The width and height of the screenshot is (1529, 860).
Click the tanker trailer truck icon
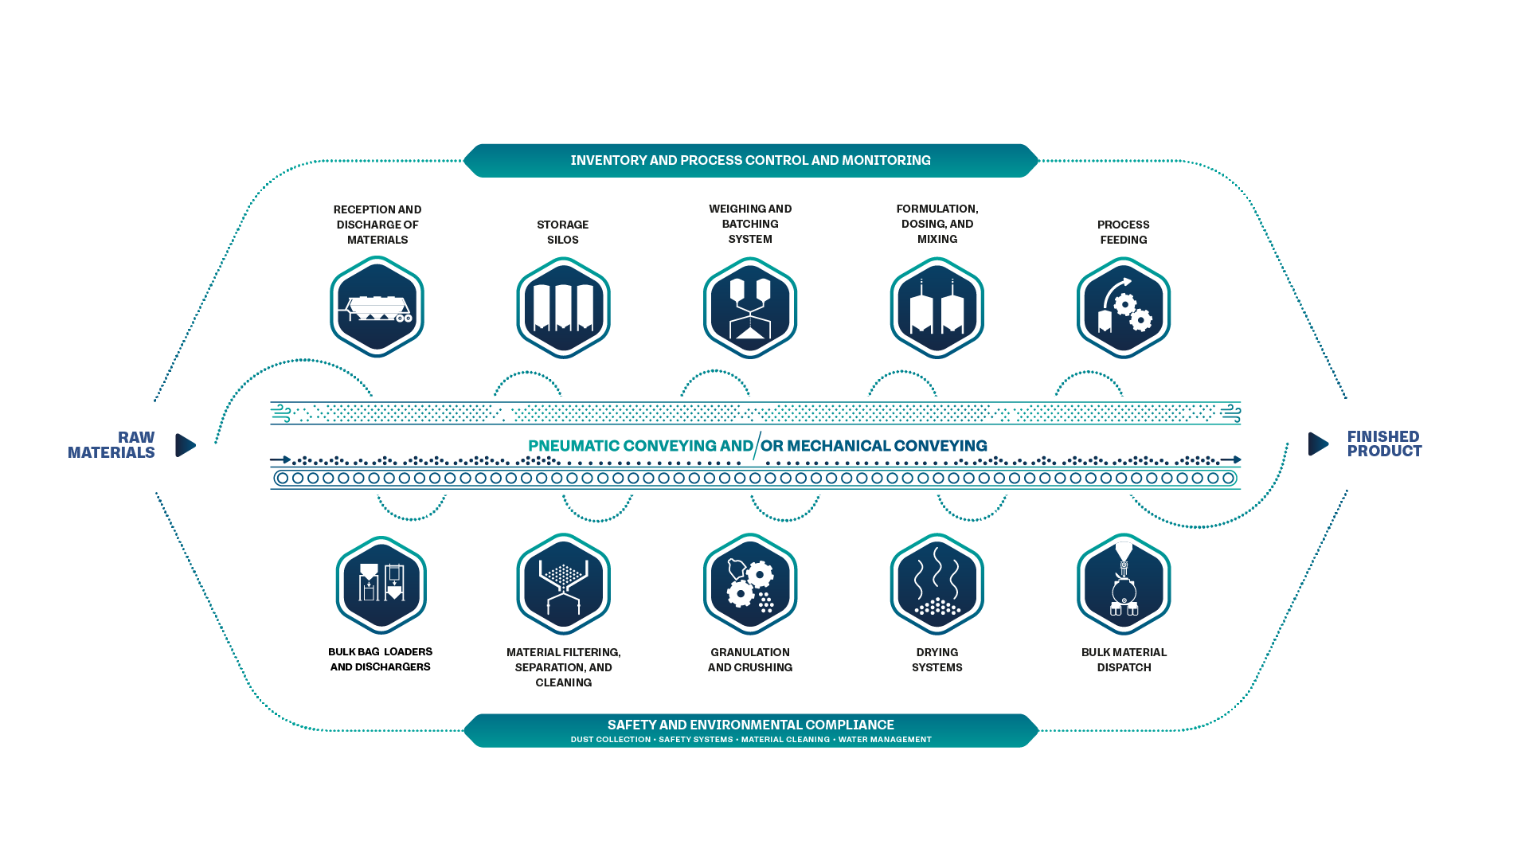(375, 308)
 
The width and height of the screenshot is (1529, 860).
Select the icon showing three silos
(564, 307)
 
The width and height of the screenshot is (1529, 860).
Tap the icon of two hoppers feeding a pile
(750, 307)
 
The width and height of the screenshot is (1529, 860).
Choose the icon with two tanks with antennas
(937, 307)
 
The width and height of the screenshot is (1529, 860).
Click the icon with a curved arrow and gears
(1124, 307)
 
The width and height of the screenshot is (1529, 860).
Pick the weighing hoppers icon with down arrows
(381, 584)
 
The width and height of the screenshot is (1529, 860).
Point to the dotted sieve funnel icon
(564, 584)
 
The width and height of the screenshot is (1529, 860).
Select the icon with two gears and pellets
(750, 584)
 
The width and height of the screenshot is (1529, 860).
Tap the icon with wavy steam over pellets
(937, 584)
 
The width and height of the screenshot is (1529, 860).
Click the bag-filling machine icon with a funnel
(1124, 584)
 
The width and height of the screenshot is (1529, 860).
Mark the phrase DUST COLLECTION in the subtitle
(611, 740)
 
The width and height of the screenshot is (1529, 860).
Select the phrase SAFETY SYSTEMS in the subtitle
(696, 740)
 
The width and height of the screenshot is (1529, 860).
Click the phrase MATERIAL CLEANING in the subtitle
(785, 740)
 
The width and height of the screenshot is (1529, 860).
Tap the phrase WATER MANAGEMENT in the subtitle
(885, 740)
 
